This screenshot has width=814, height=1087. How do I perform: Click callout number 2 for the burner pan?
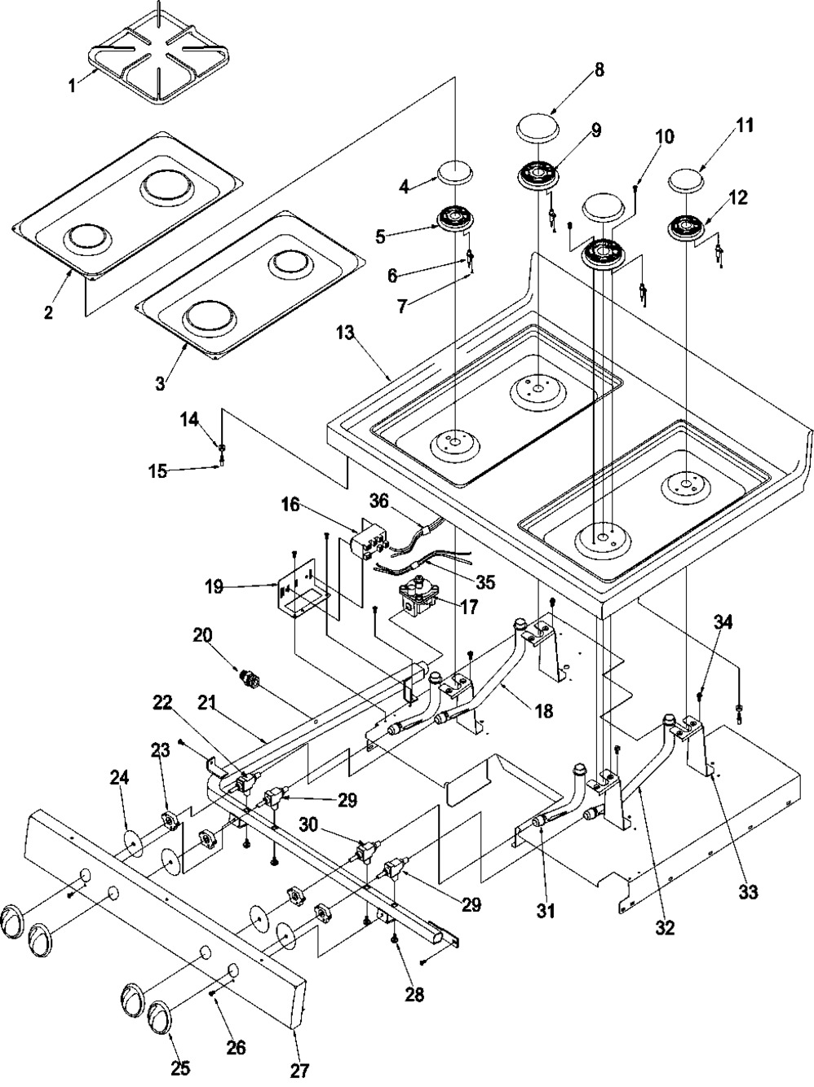point(48,313)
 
